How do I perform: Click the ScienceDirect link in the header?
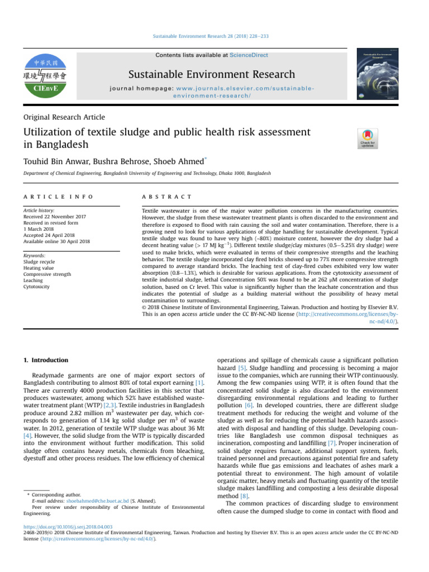pyautogui.click(x=250, y=55)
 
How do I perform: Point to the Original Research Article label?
pyautogui.click(x=64, y=117)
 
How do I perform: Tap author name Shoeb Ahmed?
pyautogui.click(x=178, y=160)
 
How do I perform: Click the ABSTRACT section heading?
pyautogui.click(x=167, y=197)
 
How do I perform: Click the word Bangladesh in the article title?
pyautogui.click(x=60, y=144)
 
